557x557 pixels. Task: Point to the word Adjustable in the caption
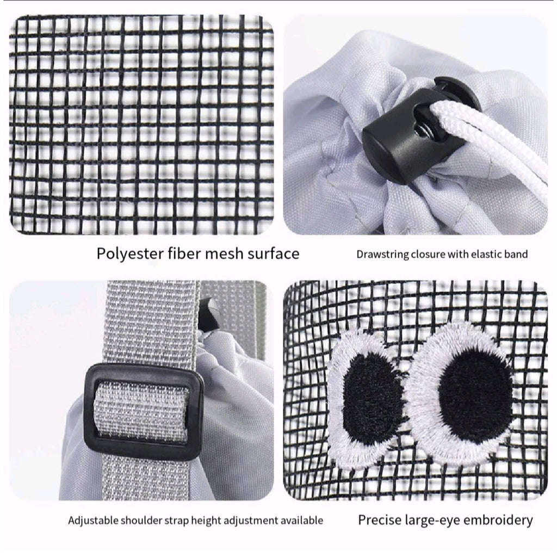[x=94, y=521]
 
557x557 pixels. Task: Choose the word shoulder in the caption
[x=141, y=521]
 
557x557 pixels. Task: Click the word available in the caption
[x=302, y=521]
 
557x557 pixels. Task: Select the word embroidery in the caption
[x=498, y=521]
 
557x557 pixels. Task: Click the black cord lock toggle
[x=419, y=132]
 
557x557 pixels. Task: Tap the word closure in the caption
[x=428, y=255]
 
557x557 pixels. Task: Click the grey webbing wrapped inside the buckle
[x=141, y=412]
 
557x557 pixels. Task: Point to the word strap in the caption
[x=176, y=521]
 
